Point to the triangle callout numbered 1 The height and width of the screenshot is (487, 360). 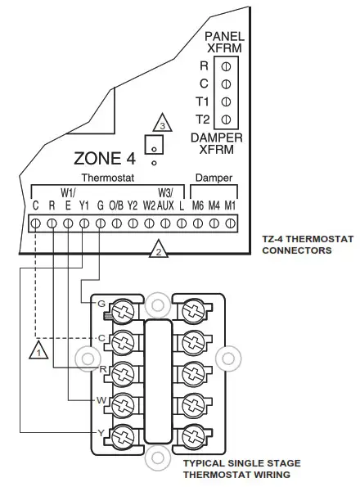pyautogui.click(x=36, y=351)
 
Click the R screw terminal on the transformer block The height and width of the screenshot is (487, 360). pyautogui.click(x=225, y=65)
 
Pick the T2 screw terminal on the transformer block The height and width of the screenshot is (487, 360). pyautogui.click(x=225, y=119)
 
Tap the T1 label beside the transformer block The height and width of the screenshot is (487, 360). pyautogui.click(x=203, y=101)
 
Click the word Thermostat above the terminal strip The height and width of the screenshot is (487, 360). pyautogui.click(x=106, y=178)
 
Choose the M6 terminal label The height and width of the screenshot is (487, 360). pyautogui.click(x=197, y=205)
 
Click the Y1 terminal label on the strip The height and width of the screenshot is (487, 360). pyautogui.click(x=84, y=205)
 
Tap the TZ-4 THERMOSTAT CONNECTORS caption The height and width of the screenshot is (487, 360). pyautogui.click(x=296, y=246)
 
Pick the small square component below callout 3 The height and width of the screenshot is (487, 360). pyautogui.click(x=152, y=145)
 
